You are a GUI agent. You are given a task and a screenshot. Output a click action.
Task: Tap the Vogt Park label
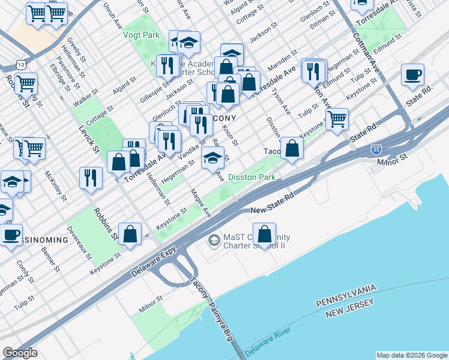(x=141, y=35)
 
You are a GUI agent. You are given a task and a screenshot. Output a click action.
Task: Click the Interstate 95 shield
(x=376, y=147)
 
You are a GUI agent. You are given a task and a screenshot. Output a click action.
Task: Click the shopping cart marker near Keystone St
(x=337, y=119)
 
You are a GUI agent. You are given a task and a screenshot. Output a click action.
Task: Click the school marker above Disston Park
(x=212, y=158)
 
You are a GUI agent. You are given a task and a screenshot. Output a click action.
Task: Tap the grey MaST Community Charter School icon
(x=213, y=241)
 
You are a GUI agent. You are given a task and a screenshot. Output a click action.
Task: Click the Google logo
(x=20, y=353)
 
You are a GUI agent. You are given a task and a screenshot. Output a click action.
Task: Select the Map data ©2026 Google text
(x=412, y=355)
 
